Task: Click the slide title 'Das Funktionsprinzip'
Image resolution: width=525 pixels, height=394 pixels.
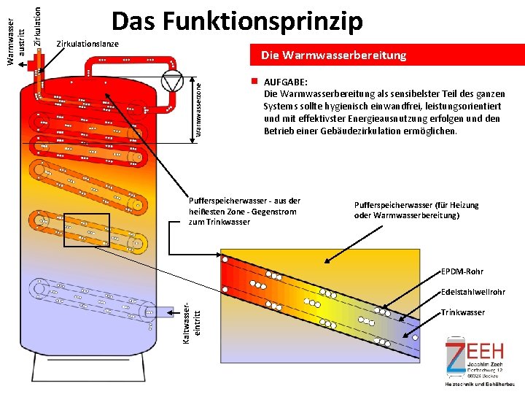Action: click(x=237, y=22)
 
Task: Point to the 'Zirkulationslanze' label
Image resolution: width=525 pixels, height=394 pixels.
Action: click(x=87, y=45)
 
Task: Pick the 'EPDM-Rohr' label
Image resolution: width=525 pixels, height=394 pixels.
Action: click(x=462, y=272)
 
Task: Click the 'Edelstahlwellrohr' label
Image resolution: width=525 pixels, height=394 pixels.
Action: click(x=473, y=292)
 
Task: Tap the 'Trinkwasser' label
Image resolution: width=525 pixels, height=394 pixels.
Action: click(x=463, y=312)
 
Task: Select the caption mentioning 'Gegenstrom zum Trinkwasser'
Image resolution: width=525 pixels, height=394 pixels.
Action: click(x=244, y=211)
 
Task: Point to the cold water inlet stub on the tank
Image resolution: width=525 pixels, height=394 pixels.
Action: click(x=155, y=312)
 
